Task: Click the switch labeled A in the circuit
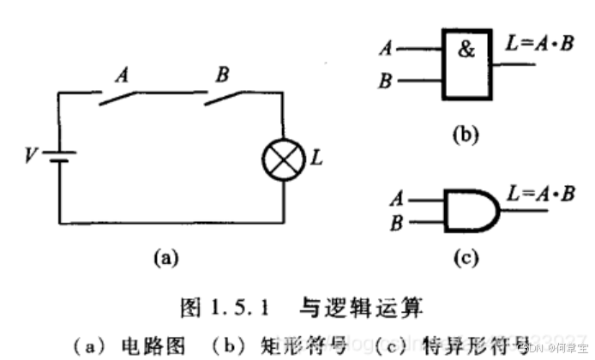[x=121, y=97]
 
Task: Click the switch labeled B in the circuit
[x=225, y=97]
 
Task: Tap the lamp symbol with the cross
[x=283, y=160]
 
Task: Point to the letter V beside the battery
[x=31, y=157]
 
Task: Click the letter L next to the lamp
[x=316, y=159]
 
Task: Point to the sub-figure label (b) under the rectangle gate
[x=464, y=135]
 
